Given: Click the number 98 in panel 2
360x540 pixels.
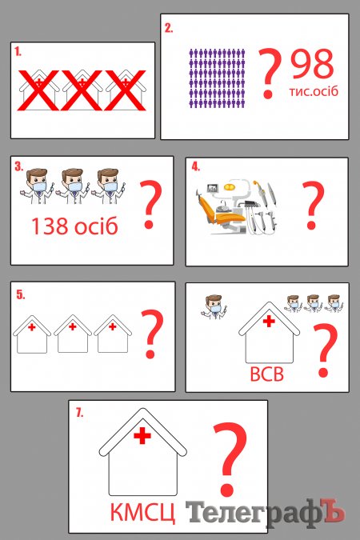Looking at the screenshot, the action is click(x=312, y=64).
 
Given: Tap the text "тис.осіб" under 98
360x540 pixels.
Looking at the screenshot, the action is click(x=314, y=91).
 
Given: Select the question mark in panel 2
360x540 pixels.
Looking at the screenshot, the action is click(x=270, y=74).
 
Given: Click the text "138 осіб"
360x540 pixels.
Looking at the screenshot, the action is click(x=74, y=226).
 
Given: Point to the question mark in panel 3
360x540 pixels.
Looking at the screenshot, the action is click(x=150, y=205).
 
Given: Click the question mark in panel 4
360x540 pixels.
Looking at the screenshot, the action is click(x=313, y=206).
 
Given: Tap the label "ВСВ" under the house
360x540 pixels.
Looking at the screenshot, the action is click(x=266, y=374).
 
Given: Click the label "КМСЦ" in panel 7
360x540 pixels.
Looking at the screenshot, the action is click(x=142, y=513).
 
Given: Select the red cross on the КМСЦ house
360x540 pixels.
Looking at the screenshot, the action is click(x=142, y=436).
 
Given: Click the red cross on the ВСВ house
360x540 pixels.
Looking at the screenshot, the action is click(x=269, y=321).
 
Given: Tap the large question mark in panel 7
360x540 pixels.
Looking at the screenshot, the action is click(x=230, y=460).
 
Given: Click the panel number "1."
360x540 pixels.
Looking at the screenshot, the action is click(x=18, y=52).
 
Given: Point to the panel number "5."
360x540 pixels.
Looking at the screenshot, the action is click(x=21, y=295).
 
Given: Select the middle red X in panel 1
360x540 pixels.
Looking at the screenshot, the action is click(x=82, y=90).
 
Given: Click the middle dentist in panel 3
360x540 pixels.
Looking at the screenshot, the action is click(x=73, y=186).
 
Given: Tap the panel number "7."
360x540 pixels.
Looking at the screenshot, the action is click(x=79, y=413).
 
